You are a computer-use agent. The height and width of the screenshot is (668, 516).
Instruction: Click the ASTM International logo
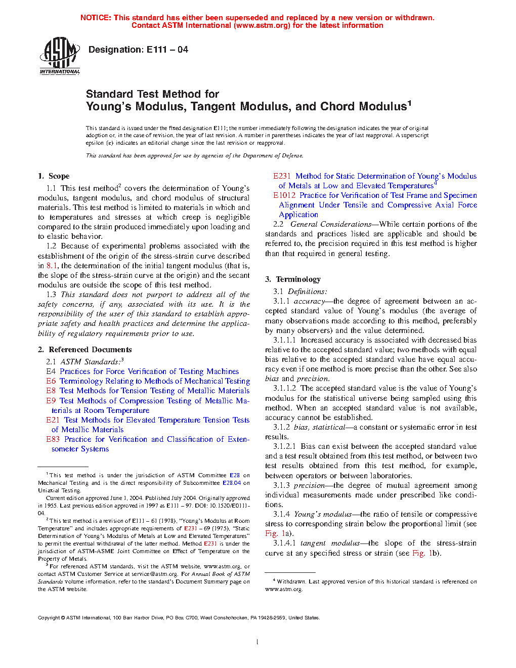(x=60, y=56)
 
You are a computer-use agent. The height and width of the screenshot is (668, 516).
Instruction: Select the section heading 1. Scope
(x=54, y=176)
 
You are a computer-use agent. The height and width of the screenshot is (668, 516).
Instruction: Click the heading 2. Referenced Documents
(x=84, y=350)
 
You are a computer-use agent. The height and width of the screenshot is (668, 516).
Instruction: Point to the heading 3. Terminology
(x=293, y=279)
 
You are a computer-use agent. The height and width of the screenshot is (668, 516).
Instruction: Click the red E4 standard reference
(x=51, y=371)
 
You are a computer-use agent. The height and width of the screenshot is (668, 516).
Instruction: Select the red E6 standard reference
(x=51, y=381)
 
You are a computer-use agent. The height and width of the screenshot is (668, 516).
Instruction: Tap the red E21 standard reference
(x=53, y=420)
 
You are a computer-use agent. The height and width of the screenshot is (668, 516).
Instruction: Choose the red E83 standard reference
(x=53, y=439)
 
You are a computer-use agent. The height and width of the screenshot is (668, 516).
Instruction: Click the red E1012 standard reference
(x=284, y=195)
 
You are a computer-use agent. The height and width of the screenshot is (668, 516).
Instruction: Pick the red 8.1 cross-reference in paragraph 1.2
(x=52, y=266)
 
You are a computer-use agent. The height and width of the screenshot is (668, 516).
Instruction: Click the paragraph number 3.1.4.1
(x=284, y=543)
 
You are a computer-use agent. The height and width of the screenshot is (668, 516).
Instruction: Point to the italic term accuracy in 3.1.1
(x=309, y=301)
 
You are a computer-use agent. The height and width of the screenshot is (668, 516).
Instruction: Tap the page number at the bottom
(x=257, y=642)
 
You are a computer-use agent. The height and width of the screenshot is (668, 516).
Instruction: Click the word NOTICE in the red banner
(x=96, y=18)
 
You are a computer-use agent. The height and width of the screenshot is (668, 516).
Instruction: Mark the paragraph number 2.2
(x=278, y=224)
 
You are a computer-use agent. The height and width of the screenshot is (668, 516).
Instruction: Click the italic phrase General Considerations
(x=331, y=224)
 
